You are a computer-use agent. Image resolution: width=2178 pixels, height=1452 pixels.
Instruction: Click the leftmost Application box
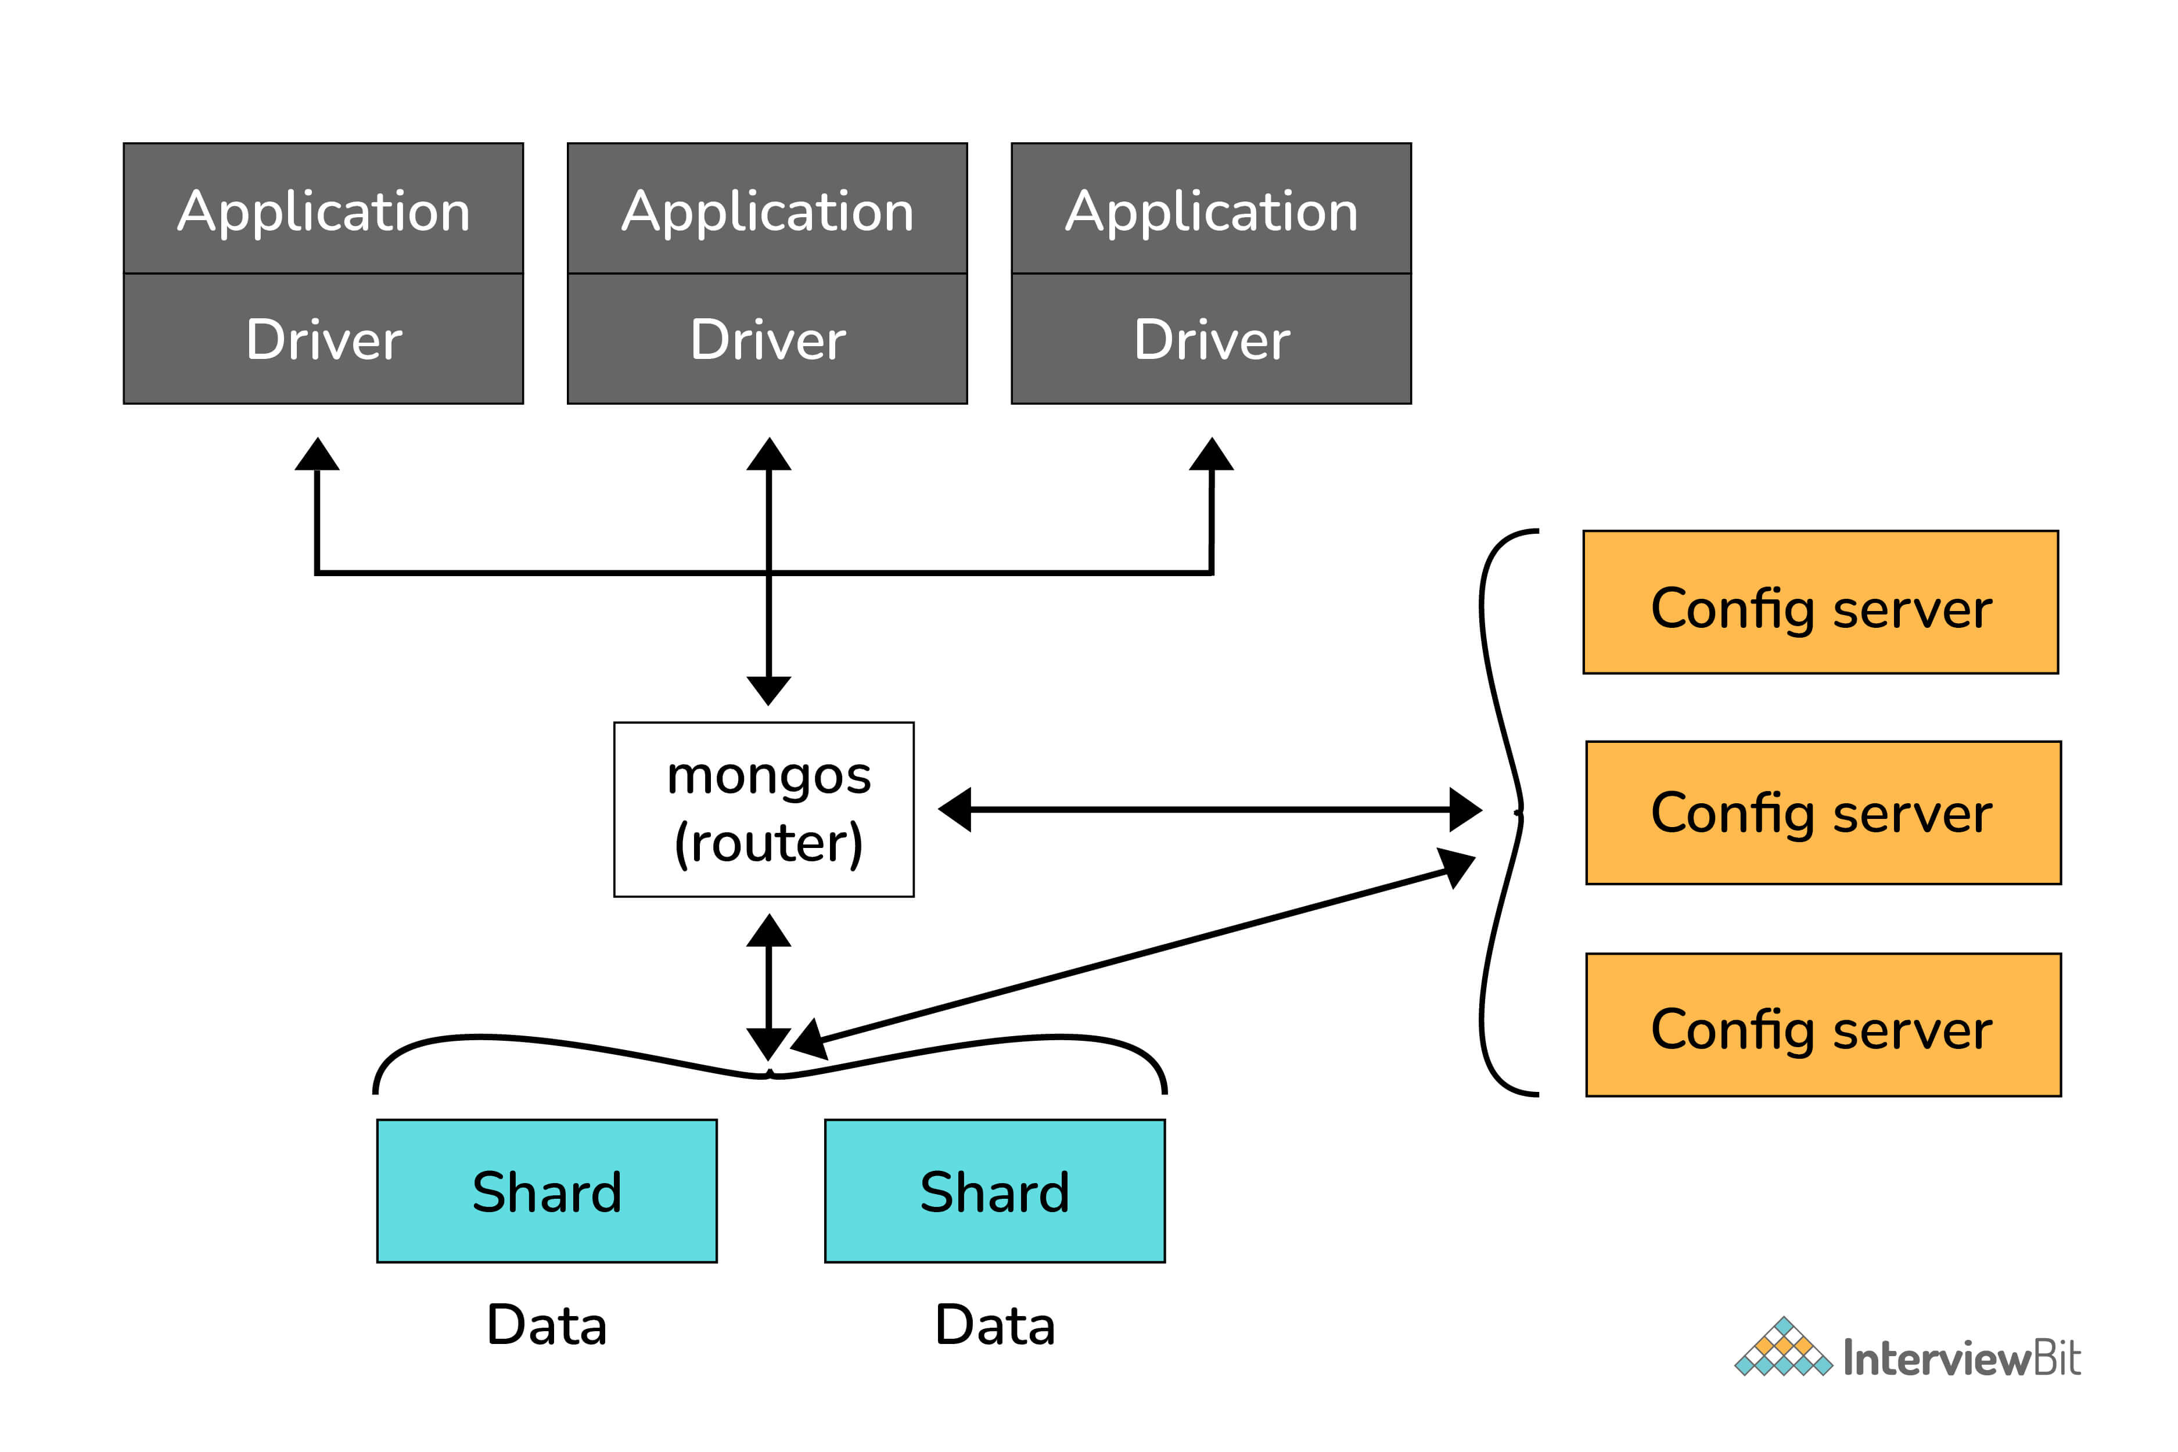coord(323,209)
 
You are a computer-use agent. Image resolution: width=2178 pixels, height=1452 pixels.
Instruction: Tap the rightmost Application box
coord(1211,209)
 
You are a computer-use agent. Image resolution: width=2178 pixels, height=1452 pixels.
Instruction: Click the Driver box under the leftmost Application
coord(323,339)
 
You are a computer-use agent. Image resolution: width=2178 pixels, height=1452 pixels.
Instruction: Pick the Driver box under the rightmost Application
coord(1211,339)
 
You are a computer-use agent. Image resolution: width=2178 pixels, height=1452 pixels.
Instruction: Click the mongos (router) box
coord(764,809)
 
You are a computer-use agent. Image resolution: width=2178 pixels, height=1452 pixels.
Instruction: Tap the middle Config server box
coord(1823,812)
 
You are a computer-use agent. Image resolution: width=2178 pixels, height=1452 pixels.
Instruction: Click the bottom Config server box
coord(1823,1024)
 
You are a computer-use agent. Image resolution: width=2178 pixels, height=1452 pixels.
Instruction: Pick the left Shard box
coord(547,1191)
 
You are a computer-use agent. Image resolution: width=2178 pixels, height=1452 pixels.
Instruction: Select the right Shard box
coord(994,1191)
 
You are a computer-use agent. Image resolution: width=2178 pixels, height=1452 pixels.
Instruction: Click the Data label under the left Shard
coord(547,1325)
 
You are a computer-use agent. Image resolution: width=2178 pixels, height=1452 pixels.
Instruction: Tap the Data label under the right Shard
coord(994,1325)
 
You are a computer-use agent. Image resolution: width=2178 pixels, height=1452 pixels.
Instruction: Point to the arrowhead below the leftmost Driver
coord(317,455)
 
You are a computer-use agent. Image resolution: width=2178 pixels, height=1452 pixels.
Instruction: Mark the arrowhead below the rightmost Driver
coord(1211,455)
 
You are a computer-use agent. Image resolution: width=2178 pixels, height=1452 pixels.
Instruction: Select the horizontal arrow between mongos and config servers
coord(1209,809)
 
